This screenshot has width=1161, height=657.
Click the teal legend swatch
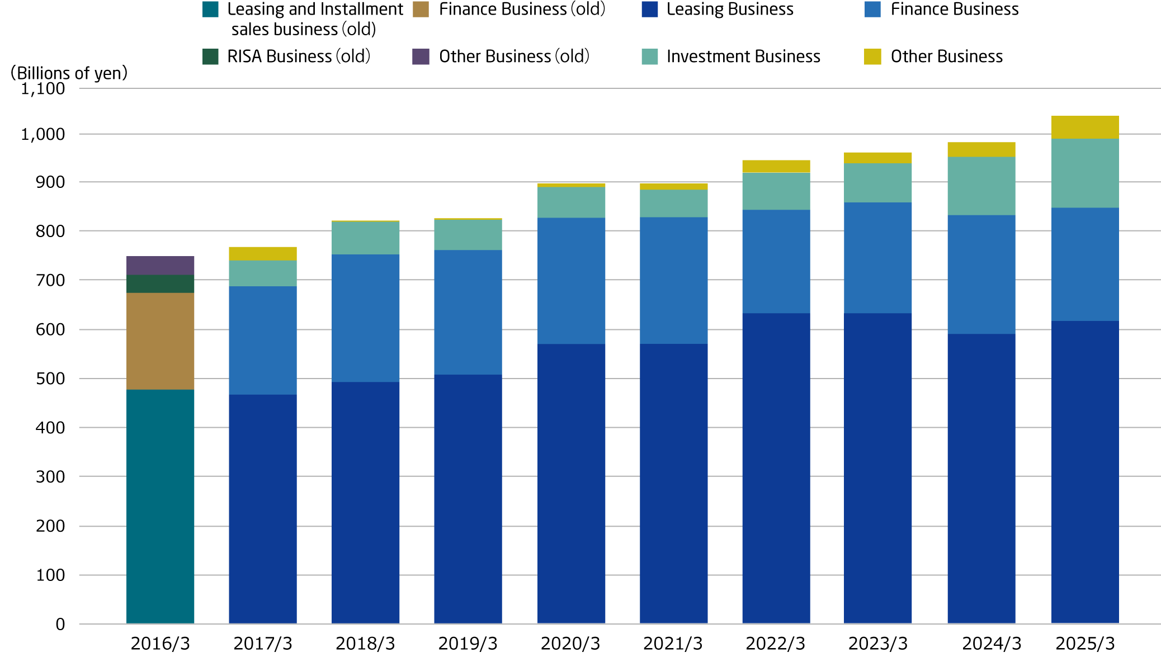coord(210,10)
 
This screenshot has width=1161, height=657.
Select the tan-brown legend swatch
coord(421,10)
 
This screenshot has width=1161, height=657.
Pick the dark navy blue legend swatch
coord(649,10)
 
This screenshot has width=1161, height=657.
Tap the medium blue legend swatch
coord(872,10)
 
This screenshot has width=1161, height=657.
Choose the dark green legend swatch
coord(210,56)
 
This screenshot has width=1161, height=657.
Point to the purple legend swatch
coord(421,56)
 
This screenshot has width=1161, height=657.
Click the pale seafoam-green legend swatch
coord(649,56)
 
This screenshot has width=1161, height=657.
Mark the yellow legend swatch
coord(872,56)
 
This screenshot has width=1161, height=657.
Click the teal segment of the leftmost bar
coord(161,506)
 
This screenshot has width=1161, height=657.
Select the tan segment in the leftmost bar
coord(161,341)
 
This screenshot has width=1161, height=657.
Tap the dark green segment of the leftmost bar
coord(161,283)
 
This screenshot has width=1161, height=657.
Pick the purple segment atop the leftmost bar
coord(161,265)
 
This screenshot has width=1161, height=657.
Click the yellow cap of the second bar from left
coord(263,253)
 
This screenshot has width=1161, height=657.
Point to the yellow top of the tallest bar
coord(1085,127)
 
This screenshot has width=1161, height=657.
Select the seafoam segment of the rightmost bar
coord(1085,173)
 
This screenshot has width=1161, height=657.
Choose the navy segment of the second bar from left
coord(263,509)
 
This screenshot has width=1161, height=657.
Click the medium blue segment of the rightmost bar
coord(1085,264)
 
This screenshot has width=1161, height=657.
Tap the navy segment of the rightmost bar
coord(1085,472)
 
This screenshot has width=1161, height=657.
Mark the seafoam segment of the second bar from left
coord(263,273)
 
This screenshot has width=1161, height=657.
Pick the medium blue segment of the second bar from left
coord(263,340)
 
